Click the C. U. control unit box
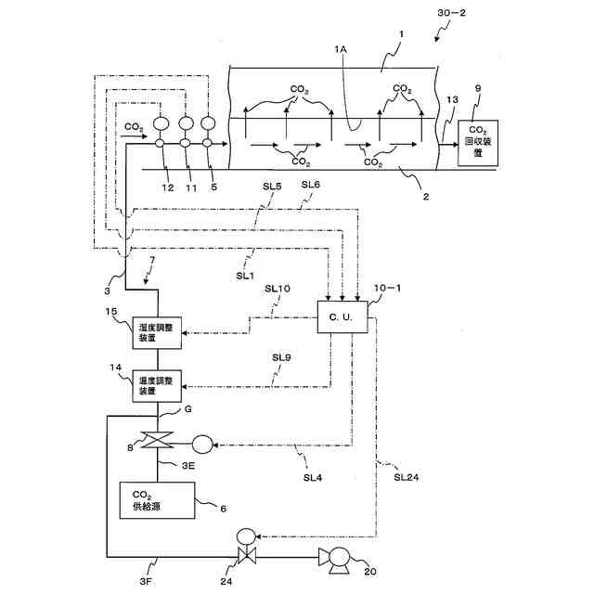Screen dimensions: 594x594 [x=342, y=317]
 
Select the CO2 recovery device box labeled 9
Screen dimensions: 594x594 [x=478, y=143]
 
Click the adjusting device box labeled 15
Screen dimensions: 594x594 [x=160, y=331]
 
